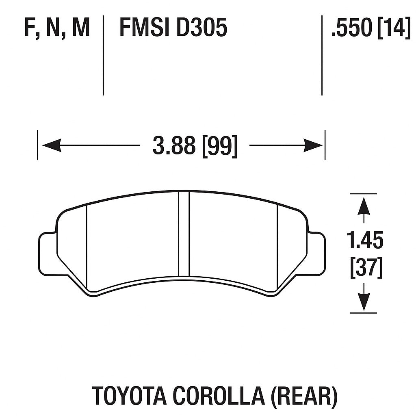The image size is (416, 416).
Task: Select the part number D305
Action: tap(201, 28)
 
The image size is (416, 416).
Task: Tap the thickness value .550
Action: tap(352, 28)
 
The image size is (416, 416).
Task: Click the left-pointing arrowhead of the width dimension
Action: tap(51, 145)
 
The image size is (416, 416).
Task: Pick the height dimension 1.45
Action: tap(365, 240)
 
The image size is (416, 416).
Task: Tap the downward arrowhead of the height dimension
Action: tap(363, 302)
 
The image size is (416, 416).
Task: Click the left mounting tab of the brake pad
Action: tap(48, 253)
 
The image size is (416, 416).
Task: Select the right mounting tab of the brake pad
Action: tap(317, 253)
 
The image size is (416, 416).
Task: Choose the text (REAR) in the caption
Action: tap(303, 396)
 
